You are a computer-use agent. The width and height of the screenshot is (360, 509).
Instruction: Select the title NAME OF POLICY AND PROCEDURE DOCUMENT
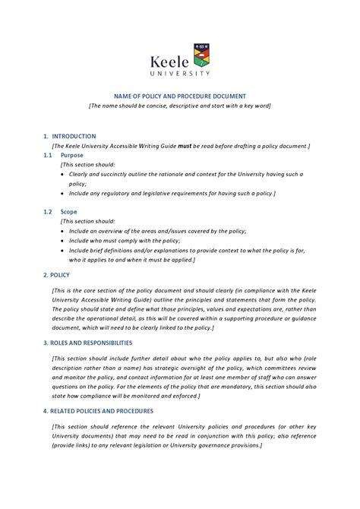(x=179, y=96)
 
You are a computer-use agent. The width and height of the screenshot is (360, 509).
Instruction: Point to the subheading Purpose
(x=72, y=154)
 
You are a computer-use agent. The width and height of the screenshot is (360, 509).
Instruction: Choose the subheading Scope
(x=69, y=212)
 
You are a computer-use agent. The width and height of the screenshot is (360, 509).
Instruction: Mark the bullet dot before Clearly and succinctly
(x=62, y=174)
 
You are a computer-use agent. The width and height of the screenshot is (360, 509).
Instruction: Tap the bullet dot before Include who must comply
(x=62, y=240)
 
